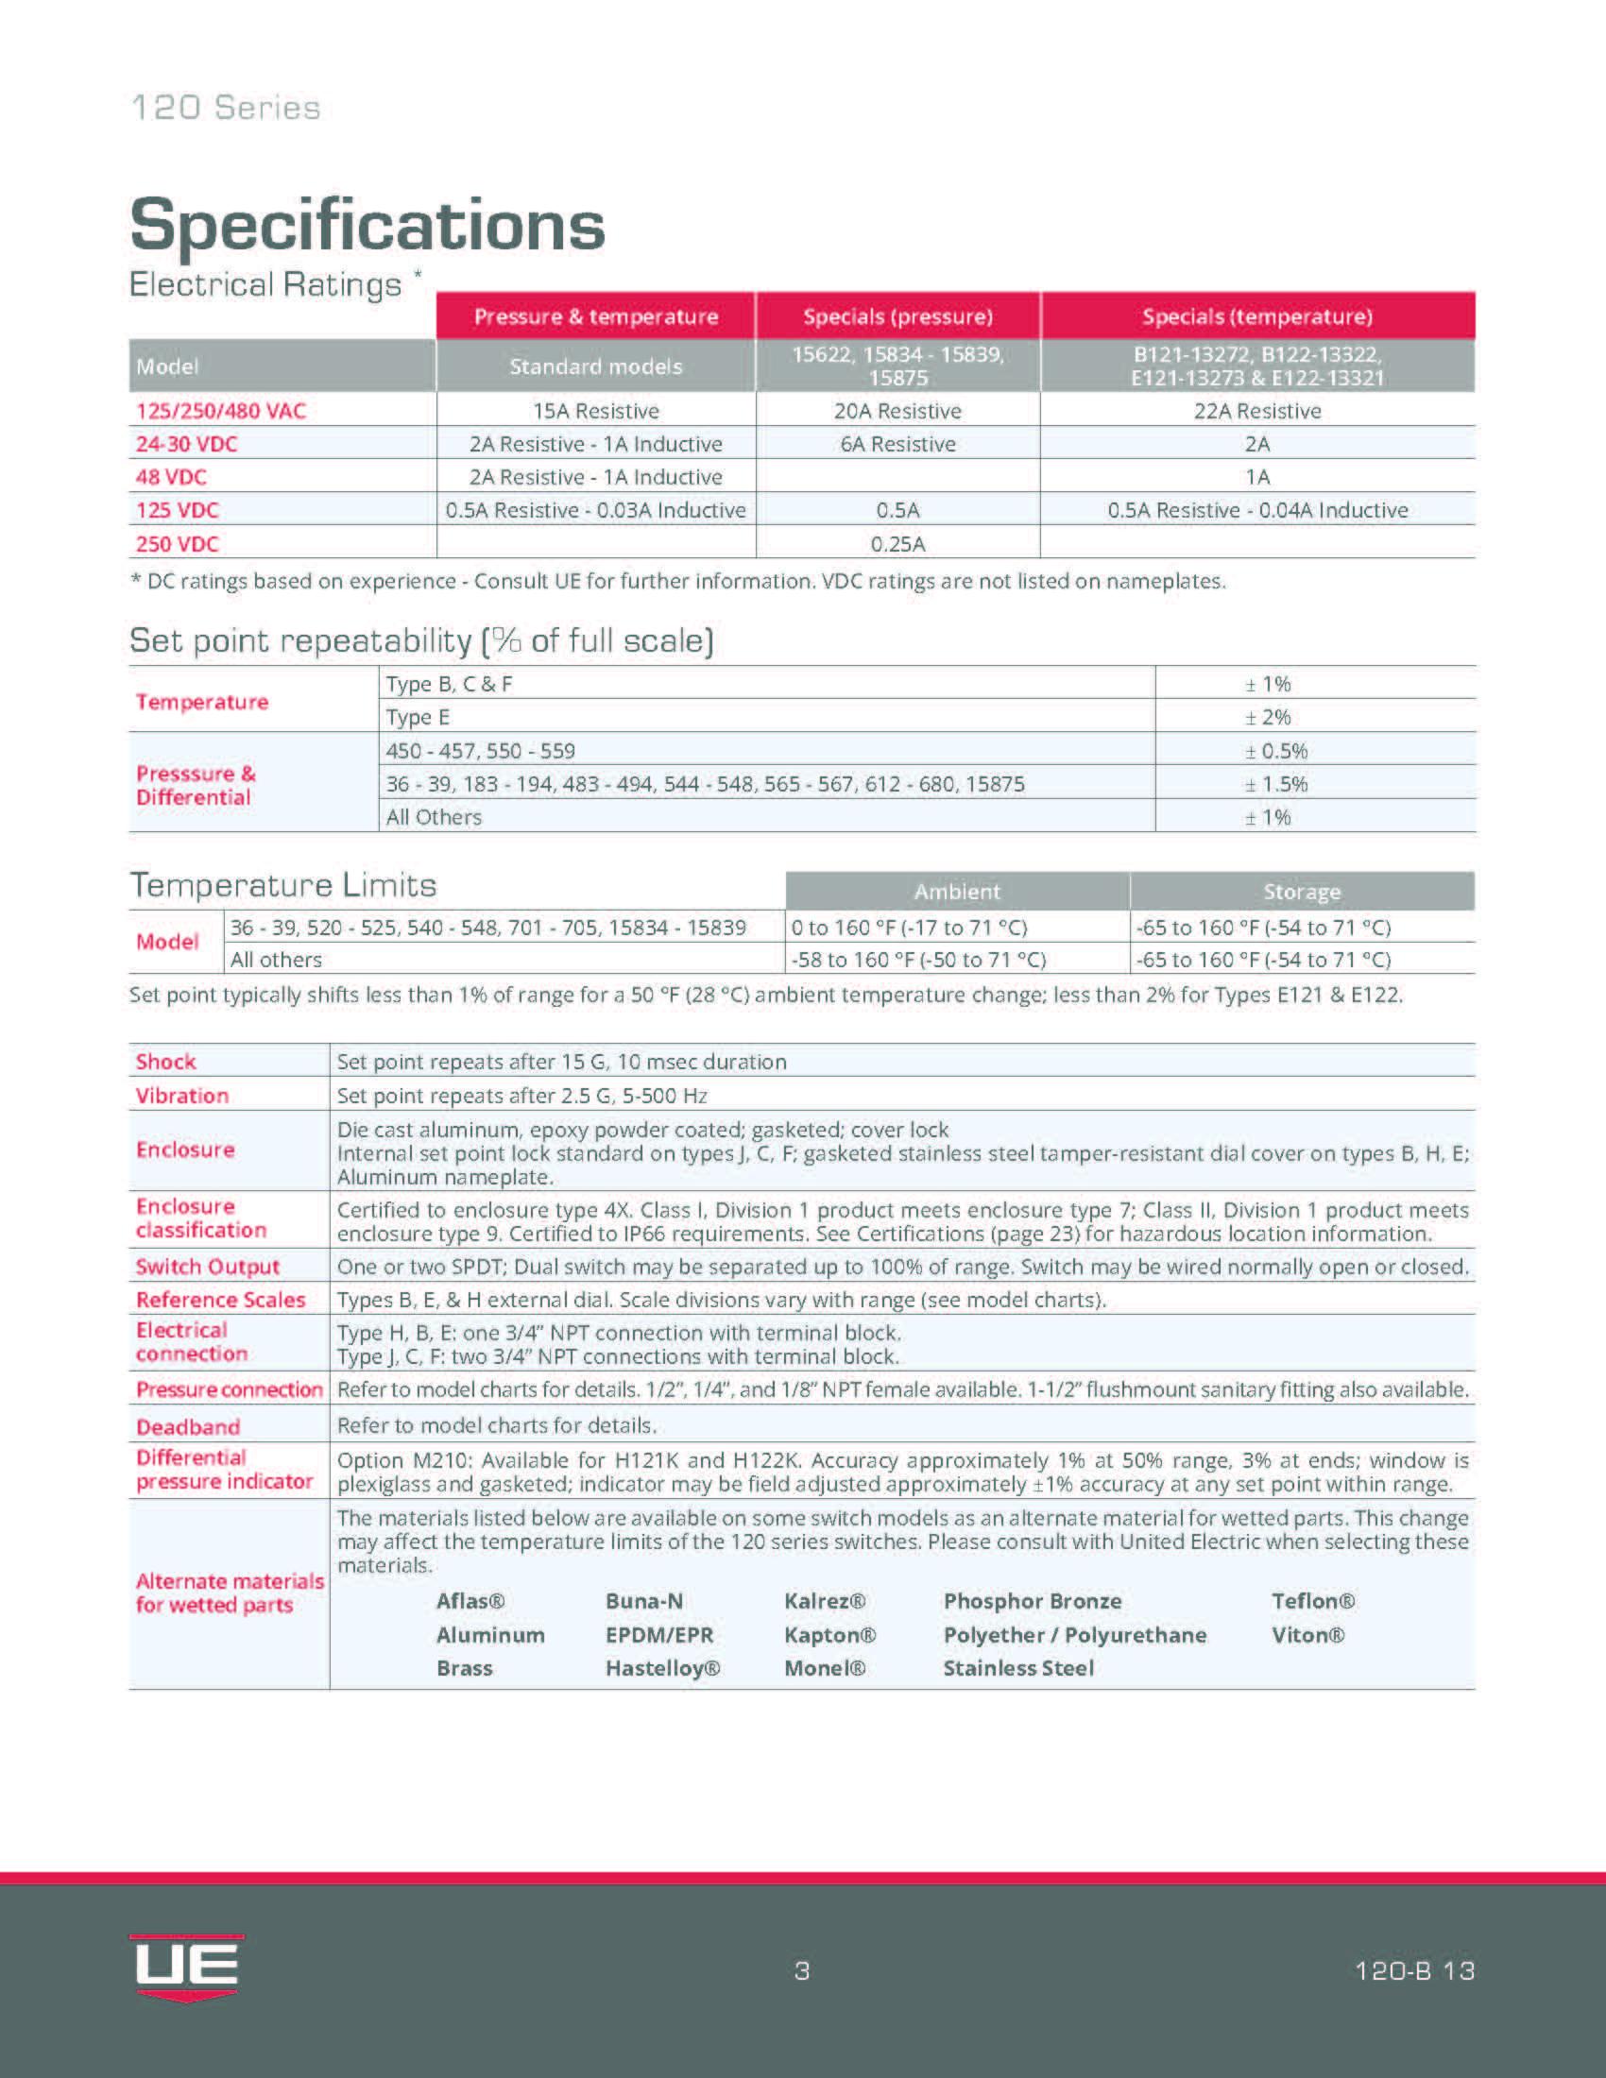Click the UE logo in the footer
click(186, 1967)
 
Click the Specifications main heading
click(367, 226)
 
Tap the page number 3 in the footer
click(802, 1970)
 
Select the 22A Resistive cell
click(1256, 411)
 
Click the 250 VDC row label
click(177, 544)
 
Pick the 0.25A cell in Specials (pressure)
click(897, 544)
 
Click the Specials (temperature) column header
click(1256, 316)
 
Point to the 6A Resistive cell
click(897, 444)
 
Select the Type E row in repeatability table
click(418, 718)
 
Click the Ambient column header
click(957, 892)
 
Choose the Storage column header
click(1302, 892)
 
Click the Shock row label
click(165, 1062)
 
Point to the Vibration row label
click(181, 1095)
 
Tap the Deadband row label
click(187, 1427)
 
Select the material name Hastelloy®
click(662, 1668)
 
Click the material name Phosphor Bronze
click(1033, 1601)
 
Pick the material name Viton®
click(1307, 1635)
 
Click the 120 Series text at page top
click(226, 108)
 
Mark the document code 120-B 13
click(1414, 1970)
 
